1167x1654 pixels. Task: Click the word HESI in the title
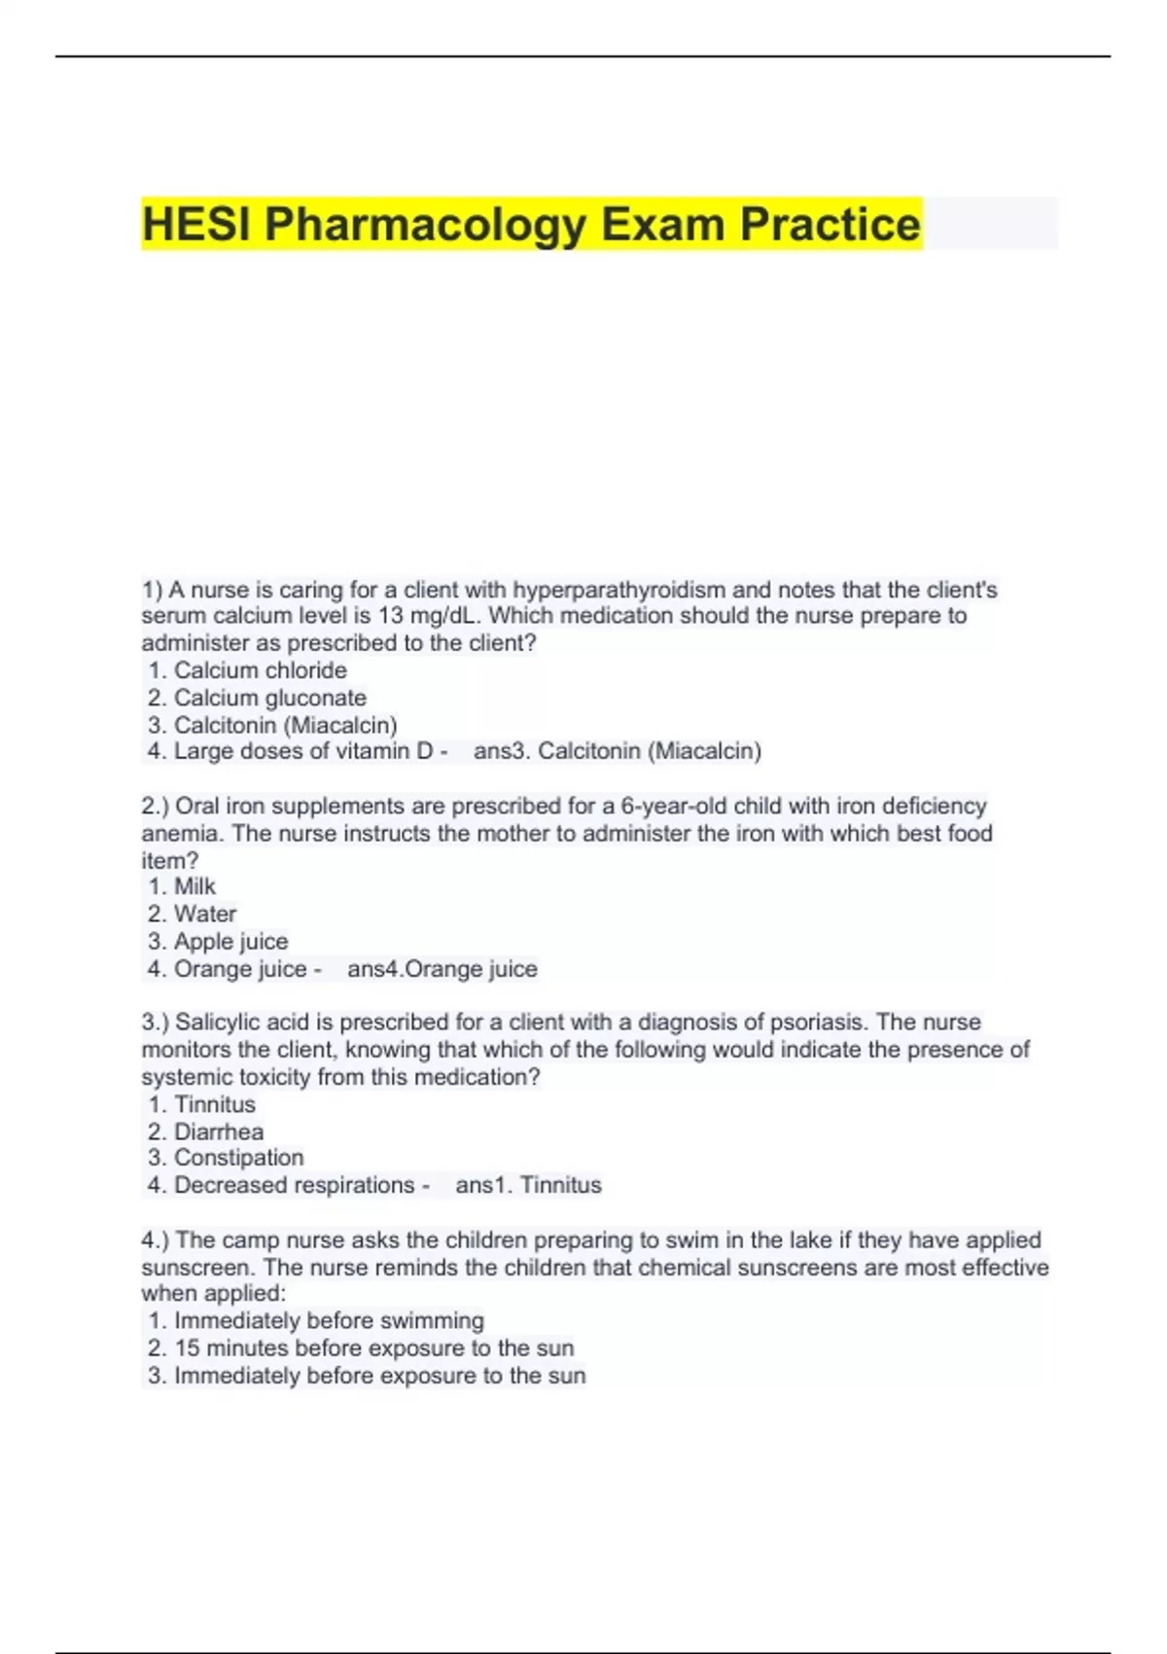[197, 225]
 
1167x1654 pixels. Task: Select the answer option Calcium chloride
[260, 670]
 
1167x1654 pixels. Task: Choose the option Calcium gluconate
[269, 698]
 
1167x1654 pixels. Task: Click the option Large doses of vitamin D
[302, 751]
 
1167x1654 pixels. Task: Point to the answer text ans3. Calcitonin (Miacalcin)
[617, 751]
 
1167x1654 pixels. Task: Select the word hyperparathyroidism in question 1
[619, 590]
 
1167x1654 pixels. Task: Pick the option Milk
[194, 886]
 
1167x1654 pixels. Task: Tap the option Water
[204, 914]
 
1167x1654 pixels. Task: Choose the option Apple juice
[230, 941]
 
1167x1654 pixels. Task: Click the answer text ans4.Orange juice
[442, 969]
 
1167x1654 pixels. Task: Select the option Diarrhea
[218, 1132]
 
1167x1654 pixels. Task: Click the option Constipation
[238, 1158]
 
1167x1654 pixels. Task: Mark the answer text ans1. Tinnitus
[528, 1185]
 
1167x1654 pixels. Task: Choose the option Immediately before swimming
[329, 1320]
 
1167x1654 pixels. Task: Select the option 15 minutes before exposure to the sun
[373, 1348]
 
